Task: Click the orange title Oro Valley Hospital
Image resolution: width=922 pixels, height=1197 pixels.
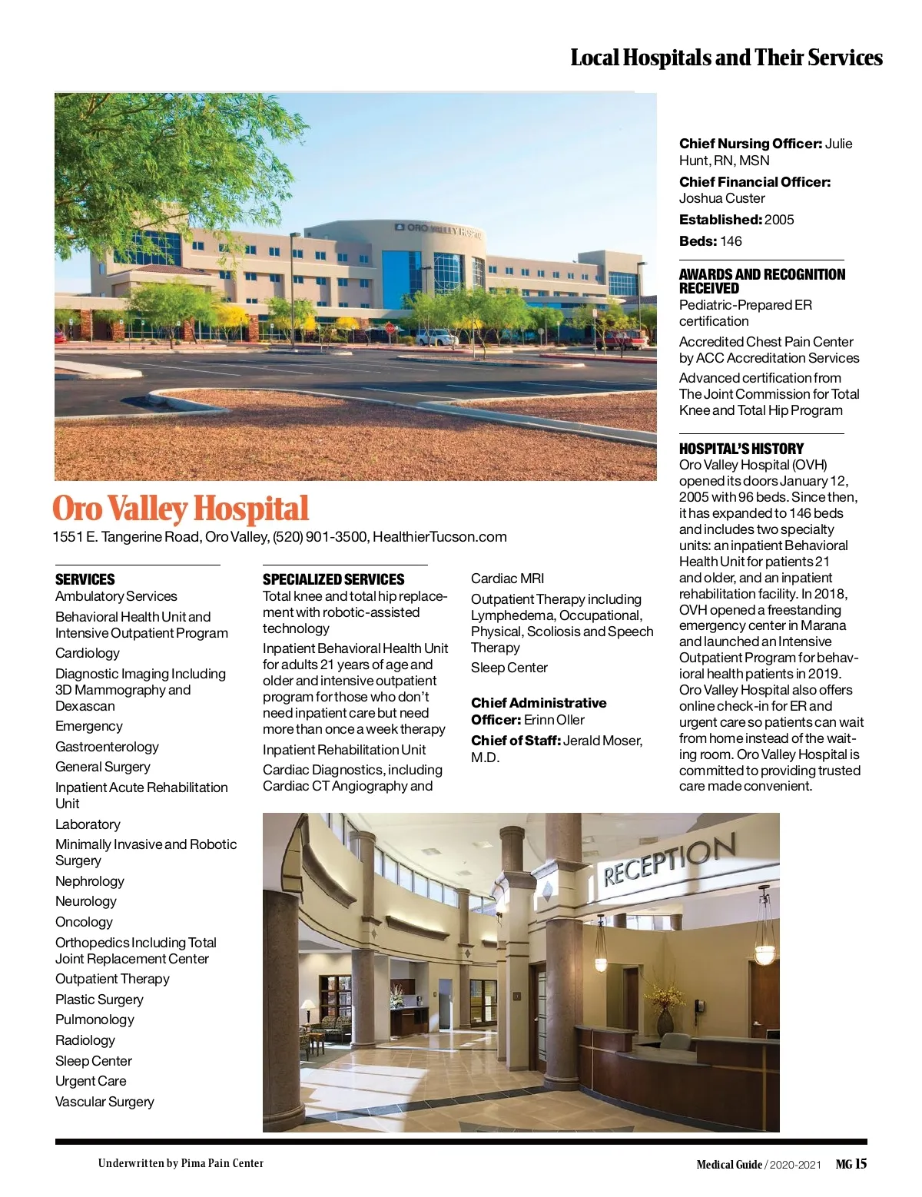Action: (x=181, y=509)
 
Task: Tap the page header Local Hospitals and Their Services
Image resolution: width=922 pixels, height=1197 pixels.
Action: (x=726, y=58)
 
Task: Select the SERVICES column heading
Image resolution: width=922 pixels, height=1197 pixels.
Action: (x=85, y=579)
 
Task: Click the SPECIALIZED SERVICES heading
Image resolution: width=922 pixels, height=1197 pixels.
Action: (x=333, y=579)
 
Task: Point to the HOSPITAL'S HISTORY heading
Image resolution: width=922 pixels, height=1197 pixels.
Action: (x=741, y=449)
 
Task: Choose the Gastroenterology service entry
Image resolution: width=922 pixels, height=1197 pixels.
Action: (x=107, y=747)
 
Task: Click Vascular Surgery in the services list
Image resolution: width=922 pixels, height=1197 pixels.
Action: (x=104, y=1102)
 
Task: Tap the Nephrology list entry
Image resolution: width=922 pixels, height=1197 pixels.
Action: (x=89, y=881)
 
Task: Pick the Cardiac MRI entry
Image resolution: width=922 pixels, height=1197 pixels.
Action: (x=507, y=579)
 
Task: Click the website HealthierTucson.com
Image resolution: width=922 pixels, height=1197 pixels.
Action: (x=439, y=537)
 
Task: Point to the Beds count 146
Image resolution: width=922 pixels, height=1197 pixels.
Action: (x=731, y=241)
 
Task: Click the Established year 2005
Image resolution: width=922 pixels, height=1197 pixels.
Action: (x=779, y=220)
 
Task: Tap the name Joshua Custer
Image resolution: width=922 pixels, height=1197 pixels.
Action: (x=721, y=198)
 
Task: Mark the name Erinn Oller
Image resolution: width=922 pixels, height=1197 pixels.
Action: (x=554, y=720)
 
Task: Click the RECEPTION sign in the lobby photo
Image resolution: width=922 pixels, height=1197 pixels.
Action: (x=668, y=860)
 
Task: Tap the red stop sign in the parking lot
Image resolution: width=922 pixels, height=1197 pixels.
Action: (x=390, y=329)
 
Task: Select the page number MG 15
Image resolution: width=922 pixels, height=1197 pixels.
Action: (x=851, y=1164)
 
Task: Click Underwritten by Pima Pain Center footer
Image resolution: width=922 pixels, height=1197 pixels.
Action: (x=181, y=1163)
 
